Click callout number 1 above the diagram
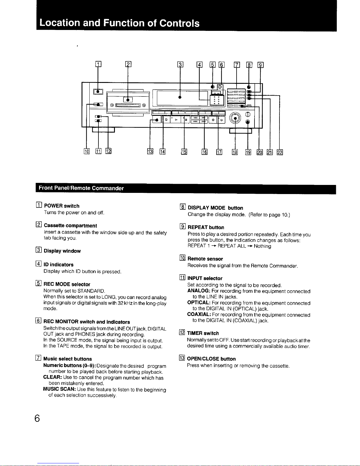pos(98,65)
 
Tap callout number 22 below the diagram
pos(279,152)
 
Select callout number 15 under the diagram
pos(184,152)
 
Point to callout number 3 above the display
pos(180,65)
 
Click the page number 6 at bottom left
pos(37,418)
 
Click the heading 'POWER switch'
pos(61,206)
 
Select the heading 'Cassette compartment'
pos(70,226)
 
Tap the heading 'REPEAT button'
pos(206,227)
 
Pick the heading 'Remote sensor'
pos(205,259)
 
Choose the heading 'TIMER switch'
pos(203,333)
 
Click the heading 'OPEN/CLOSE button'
pos(211,359)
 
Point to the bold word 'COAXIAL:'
pos(198,315)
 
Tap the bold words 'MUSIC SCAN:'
pos(58,390)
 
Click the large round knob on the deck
pos(235,118)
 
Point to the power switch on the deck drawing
pos(98,92)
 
